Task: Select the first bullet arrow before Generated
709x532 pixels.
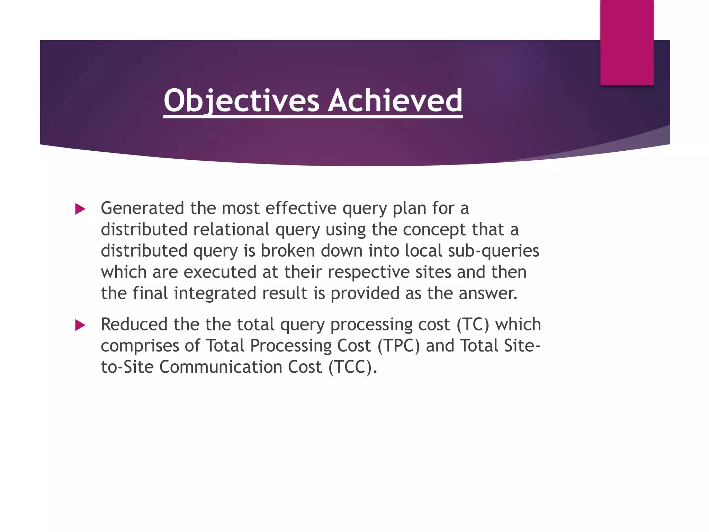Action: (80, 209)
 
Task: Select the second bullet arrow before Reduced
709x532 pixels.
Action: (80, 325)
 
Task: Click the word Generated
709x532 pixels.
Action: (142, 208)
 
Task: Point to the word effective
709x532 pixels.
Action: (301, 208)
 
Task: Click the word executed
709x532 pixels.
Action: (220, 272)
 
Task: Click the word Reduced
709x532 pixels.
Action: (134, 325)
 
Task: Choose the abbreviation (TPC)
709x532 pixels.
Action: (398, 346)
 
